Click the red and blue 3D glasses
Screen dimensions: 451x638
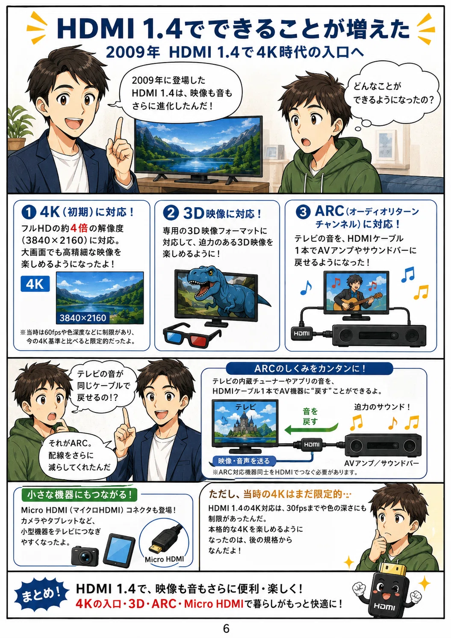point(192,335)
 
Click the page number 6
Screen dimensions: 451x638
point(226,628)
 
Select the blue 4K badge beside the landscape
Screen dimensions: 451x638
point(35,284)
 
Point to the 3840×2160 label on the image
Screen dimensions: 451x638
point(83,318)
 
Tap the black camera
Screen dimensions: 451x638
point(85,556)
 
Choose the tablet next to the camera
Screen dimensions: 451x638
point(119,551)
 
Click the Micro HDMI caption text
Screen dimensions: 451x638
point(164,560)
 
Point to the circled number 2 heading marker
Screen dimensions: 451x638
point(171,213)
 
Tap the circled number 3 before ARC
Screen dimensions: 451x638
point(303,212)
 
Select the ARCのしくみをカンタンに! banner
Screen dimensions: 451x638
point(310,369)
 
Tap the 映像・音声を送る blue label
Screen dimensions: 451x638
point(244,460)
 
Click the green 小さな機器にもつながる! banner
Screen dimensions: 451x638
point(80,495)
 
